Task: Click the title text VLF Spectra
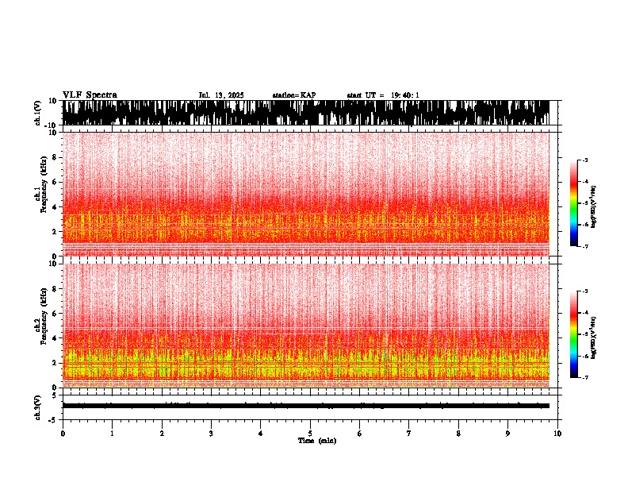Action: pos(90,95)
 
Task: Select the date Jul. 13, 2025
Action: pos(221,95)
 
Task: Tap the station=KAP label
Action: pos(293,95)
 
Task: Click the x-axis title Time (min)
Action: pos(316,440)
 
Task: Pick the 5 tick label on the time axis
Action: pos(310,434)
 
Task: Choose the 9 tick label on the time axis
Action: pos(508,434)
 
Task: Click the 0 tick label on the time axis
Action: pos(63,434)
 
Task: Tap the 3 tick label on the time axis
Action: pos(211,434)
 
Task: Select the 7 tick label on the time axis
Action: pos(409,434)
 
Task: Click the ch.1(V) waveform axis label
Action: pos(38,113)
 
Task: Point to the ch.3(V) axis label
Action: pos(38,405)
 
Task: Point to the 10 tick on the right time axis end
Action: pos(557,434)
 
